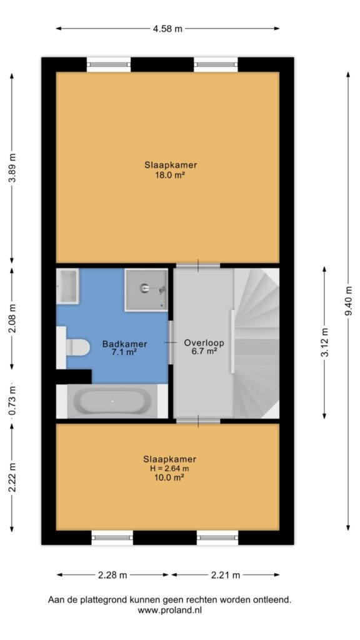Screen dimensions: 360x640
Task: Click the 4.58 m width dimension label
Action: coord(167,29)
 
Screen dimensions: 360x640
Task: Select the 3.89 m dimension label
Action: coord(12,169)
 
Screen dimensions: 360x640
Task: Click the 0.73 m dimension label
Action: coord(12,401)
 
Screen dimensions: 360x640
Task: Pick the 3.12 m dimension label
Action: coord(324,342)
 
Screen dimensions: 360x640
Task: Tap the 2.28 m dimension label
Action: coord(112,575)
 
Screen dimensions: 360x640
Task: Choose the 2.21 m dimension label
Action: coord(225,575)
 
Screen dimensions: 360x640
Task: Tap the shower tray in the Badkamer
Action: coord(146,290)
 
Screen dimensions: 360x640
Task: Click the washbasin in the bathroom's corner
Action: coord(67,286)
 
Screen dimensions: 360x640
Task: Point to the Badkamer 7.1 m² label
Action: coord(124,348)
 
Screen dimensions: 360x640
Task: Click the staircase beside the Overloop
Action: coord(256,343)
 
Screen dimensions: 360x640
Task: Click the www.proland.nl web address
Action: coord(170,610)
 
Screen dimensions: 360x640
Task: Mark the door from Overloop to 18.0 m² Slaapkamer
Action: coord(198,266)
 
